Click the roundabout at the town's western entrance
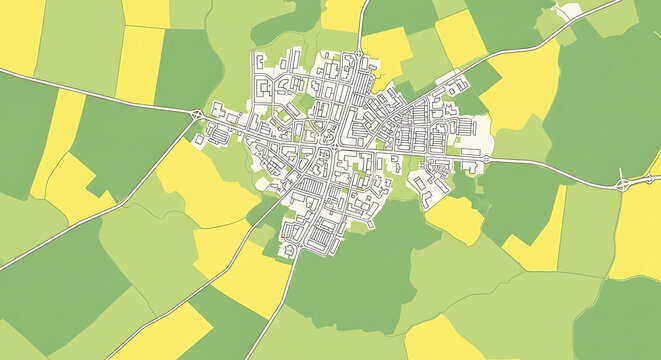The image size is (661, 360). pos(196,115)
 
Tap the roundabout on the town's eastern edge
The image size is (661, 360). pos(486,159)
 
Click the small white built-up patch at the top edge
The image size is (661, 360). pos(568,11)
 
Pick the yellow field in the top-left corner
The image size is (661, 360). pos(20,35)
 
